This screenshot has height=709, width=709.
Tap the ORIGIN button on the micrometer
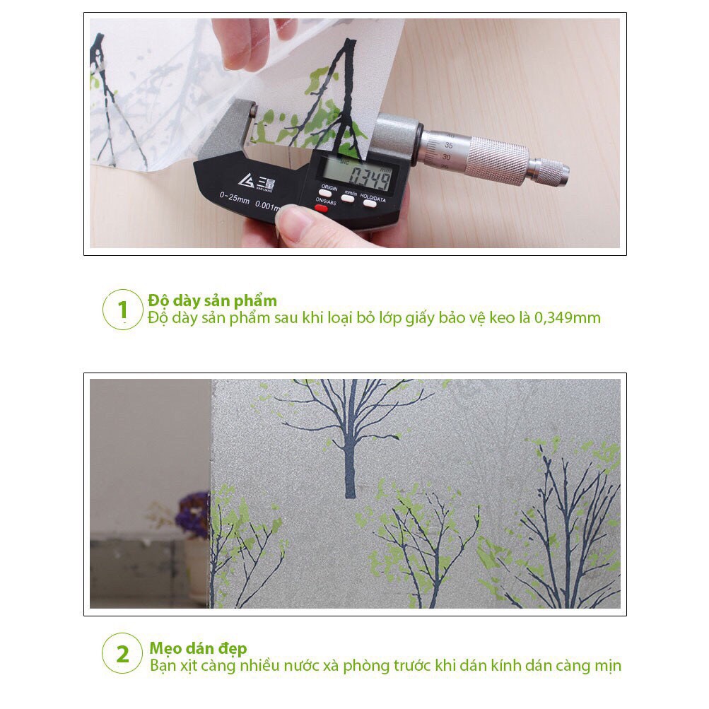tap(328, 197)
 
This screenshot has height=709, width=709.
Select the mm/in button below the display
tap(348, 199)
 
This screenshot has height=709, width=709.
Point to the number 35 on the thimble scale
tap(448, 145)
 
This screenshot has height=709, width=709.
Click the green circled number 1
tap(123, 310)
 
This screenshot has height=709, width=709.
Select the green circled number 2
tap(123, 653)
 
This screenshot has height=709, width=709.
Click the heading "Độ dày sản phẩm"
tap(212, 300)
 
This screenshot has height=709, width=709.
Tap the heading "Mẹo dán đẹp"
tap(197, 648)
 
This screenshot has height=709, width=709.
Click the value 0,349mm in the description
tap(567, 318)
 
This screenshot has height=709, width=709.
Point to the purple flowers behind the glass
tap(193, 514)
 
